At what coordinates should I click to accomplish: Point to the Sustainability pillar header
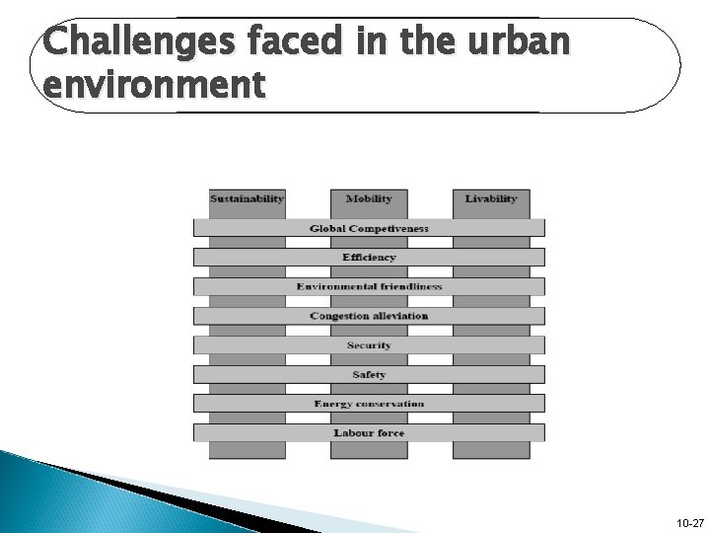point(247,198)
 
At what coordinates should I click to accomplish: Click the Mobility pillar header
point(369,198)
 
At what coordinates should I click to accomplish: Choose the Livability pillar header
point(490,198)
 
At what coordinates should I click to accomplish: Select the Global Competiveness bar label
point(369,228)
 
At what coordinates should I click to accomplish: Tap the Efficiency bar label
point(369,258)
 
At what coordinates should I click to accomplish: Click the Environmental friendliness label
point(369,287)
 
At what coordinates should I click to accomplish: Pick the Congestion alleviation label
point(369,316)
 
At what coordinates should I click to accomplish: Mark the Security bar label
point(369,345)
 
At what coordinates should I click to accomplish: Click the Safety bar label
point(369,375)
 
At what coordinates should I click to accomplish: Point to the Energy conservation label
point(369,404)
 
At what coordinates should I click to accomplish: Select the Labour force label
point(369,433)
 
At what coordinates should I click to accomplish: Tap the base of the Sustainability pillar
point(247,450)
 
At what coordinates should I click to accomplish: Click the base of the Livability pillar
point(490,450)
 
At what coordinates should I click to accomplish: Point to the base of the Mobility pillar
point(369,450)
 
